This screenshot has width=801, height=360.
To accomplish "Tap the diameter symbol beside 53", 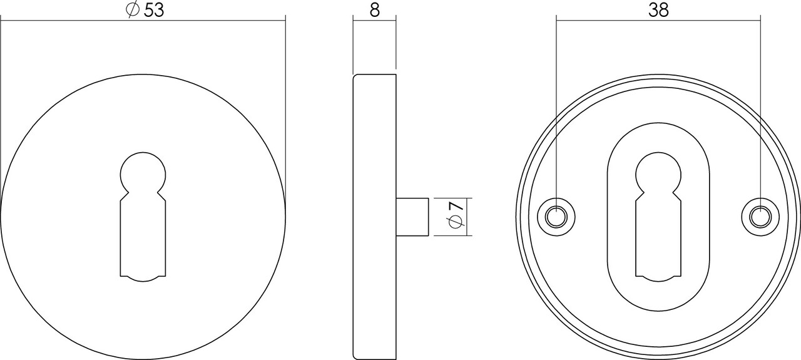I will [132, 11].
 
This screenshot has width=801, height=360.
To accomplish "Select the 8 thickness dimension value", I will [374, 11].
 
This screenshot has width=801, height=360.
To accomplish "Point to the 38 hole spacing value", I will [658, 10].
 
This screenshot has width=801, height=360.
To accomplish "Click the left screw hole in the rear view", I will [556, 217].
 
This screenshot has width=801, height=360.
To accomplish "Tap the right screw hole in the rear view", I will [760, 217].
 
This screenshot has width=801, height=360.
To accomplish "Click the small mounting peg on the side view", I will [412, 217].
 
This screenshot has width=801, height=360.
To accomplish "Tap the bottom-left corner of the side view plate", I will [354, 358].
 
